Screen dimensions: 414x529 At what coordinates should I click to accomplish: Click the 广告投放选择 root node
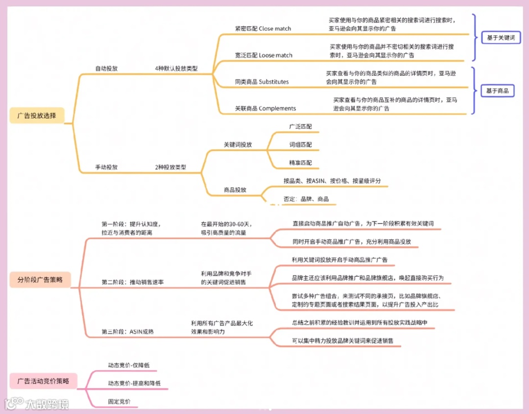tap(37, 116)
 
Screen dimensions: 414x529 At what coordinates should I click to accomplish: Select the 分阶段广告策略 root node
tap(40, 279)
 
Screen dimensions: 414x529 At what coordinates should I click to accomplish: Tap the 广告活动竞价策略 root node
tap(43, 380)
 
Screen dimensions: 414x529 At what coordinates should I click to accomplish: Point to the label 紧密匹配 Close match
tap(263, 28)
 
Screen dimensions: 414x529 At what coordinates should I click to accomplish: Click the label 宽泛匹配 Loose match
tap(264, 55)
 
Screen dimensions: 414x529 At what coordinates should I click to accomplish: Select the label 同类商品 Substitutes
tap(262, 82)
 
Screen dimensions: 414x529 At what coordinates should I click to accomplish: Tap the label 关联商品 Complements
tap(265, 108)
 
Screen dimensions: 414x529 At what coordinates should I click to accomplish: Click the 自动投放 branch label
tap(106, 69)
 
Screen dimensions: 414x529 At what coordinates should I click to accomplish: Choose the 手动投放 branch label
tap(106, 167)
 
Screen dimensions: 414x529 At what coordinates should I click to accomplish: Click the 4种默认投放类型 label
tap(176, 69)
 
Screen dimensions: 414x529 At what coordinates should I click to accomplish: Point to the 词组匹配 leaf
tap(300, 145)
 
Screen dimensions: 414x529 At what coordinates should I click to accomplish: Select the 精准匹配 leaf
tap(300, 162)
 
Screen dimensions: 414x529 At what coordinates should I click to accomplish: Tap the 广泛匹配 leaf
tap(300, 127)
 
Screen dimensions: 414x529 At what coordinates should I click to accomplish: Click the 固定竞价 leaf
tap(120, 401)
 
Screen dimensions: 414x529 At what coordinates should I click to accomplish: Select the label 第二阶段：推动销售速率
tap(133, 282)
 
